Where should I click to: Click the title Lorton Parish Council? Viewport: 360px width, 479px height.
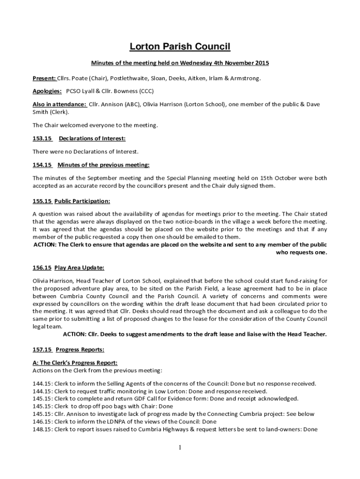(x=180, y=46)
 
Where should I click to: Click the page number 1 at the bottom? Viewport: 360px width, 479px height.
(x=180, y=448)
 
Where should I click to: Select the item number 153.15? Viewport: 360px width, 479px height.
(x=42, y=138)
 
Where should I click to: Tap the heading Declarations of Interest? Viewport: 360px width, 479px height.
(x=92, y=138)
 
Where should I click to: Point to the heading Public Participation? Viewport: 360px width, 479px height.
(x=82, y=201)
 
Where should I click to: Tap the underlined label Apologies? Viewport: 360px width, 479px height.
(x=47, y=91)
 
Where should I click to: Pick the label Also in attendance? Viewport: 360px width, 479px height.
(x=59, y=104)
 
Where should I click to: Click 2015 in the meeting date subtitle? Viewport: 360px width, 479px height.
(x=262, y=63)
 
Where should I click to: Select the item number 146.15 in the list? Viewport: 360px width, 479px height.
(x=42, y=421)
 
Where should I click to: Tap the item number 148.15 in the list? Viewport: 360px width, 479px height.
(x=42, y=429)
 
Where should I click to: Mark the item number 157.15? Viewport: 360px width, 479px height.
(x=42, y=349)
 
